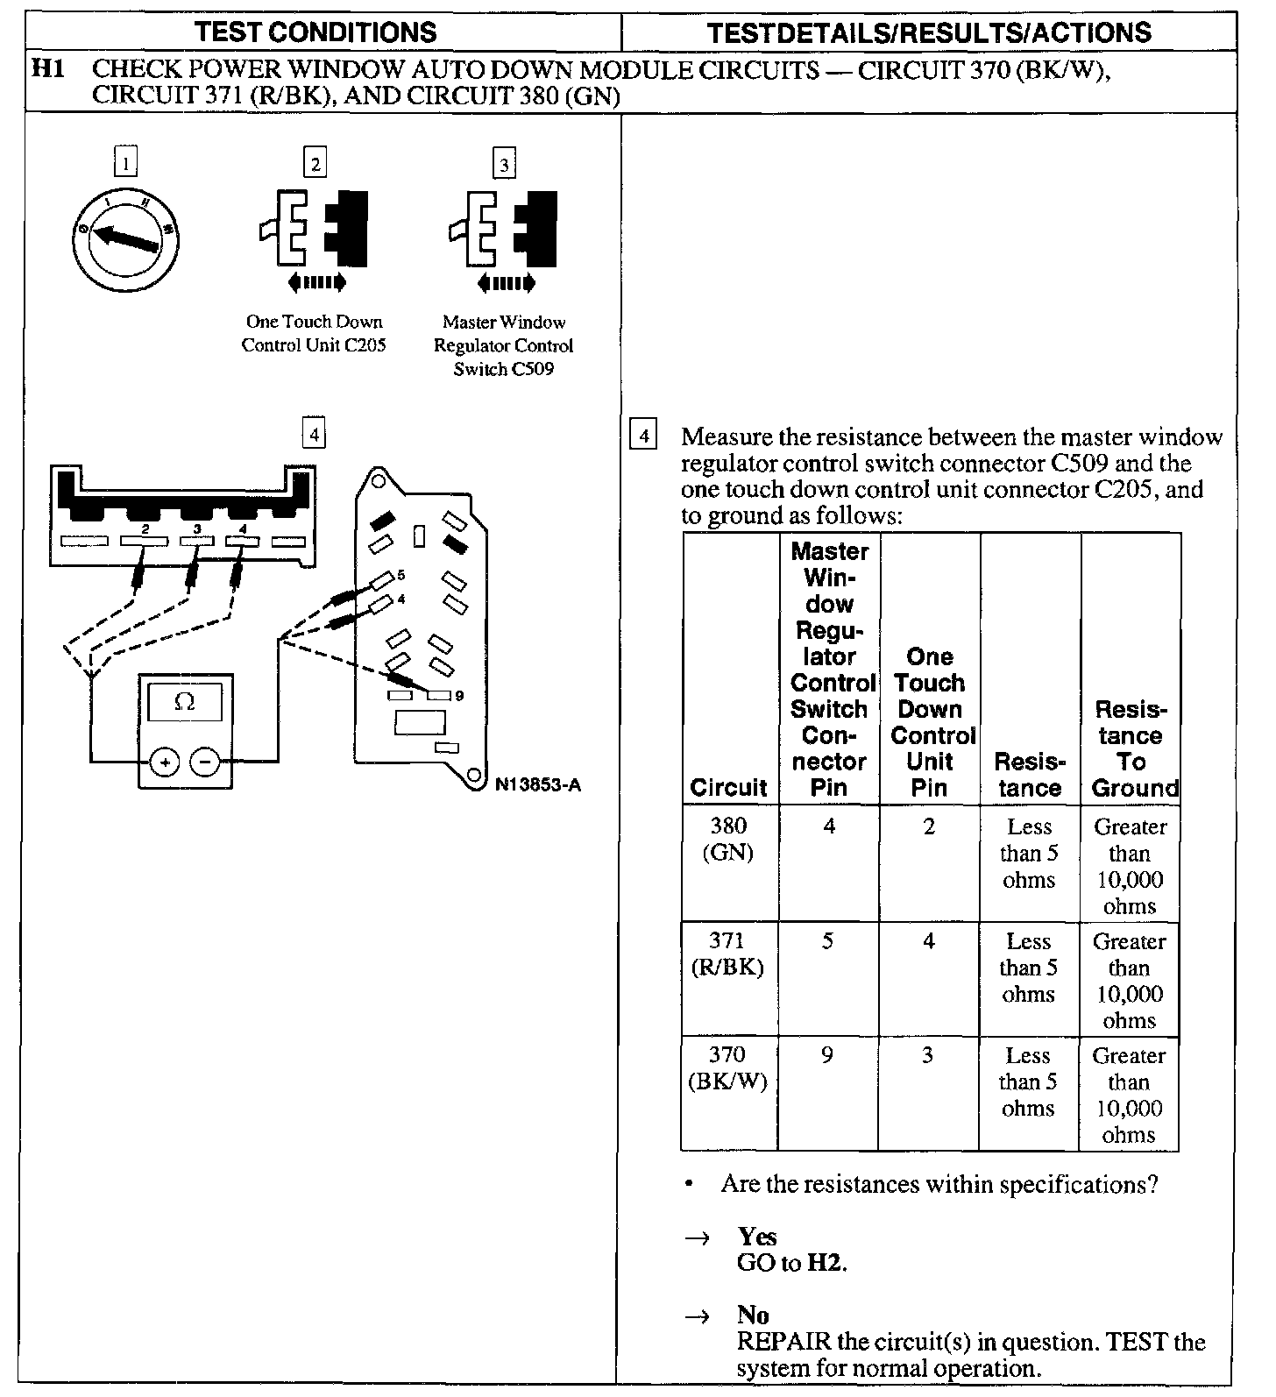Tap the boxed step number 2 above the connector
pyautogui.click(x=315, y=163)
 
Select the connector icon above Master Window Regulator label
pyautogui.click(x=503, y=229)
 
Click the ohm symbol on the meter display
pyautogui.click(x=184, y=702)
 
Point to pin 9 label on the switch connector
pyautogui.click(x=459, y=696)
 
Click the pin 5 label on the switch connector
pyautogui.click(x=401, y=575)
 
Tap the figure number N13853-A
pyautogui.click(x=537, y=784)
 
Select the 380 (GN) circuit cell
pyautogui.click(x=729, y=839)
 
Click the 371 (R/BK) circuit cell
pyautogui.click(x=727, y=954)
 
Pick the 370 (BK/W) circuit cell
pyautogui.click(x=727, y=1068)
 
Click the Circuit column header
pyautogui.click(x=728, y=787)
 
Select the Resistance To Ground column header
pyautogui.click(x=1131, y=748)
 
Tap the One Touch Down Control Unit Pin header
pyautogui.click(x=930, y=722)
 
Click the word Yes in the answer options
pyautogui.click(x=757, y=1237)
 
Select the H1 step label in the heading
pyautogui.click(x=48, y=68)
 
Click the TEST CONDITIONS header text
pyautogui.click(x=315, y=32)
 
